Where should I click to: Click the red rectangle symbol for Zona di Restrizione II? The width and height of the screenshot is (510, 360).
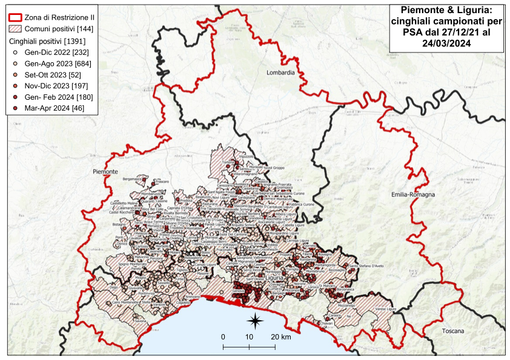point(15,18)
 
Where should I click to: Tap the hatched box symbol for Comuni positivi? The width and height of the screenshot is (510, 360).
point(15,31)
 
